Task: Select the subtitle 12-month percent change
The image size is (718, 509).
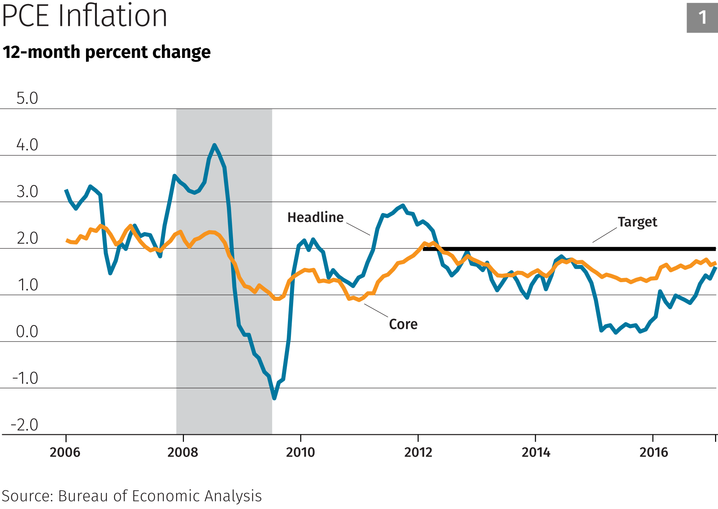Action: (107, 52)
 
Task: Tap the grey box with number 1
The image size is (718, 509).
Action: (702, 18)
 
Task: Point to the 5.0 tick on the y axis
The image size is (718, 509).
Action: (27, 98)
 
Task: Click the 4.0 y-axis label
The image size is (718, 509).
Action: (27, 145)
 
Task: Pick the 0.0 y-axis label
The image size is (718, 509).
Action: (27, 331)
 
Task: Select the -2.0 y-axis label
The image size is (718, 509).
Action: (25, 425)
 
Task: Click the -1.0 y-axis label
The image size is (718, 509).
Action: (25, 378)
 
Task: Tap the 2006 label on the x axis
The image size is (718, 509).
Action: (65, 452)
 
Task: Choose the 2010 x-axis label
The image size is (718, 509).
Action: (300, 452)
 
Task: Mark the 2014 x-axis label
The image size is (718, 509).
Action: (536, 452)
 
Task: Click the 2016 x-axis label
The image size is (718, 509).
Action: (653, 452)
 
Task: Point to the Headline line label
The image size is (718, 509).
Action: (315, 218)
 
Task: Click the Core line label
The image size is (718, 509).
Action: (403, 324)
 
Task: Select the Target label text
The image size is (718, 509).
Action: (637, 222)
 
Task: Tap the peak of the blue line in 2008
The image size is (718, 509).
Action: (214, 145)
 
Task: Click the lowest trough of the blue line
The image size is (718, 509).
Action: (274, 398)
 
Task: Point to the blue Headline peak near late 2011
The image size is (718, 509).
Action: (402, 205)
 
